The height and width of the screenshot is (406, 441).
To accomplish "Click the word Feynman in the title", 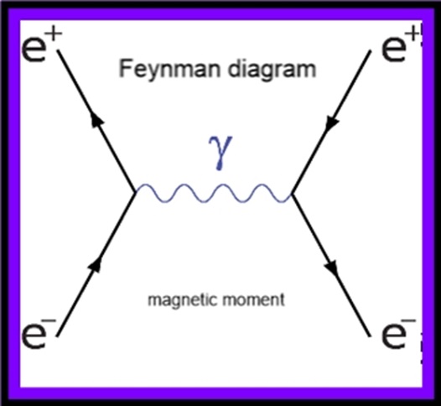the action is pyautogui.click(x=169, y=70).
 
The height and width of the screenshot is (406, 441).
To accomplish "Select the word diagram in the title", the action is pyautogui.click(x=272, y=70).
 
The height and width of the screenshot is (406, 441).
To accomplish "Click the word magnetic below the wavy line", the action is pyautogui.click(x=183, y=300).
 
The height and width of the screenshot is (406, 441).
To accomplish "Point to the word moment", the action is pyautogui.click(x=253, y=300).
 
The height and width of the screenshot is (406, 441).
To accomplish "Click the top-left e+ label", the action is pyautogui.click(x=41, y=46).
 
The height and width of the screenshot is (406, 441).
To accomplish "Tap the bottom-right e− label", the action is pyautogui.click(x=399, y=334).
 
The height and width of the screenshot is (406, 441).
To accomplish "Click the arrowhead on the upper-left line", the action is pyautogui.click(x=96, y=122).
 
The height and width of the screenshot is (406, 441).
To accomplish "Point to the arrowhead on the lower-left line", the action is pyautogui.click(x=96, y=264).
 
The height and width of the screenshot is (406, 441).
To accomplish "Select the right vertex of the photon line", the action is pyautogui.click(x=293, y=194).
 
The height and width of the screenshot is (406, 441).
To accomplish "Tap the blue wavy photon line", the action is pyautogui.click(x=214, y=193).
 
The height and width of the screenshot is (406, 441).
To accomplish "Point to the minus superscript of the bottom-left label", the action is pyautogui.click(x=51, y=321).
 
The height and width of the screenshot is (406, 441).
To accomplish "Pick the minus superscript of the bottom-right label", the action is pyautogui.click(x=410, y=321).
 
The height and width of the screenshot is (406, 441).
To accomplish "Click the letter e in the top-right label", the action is pyautogui.click(x=393, y=50).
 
